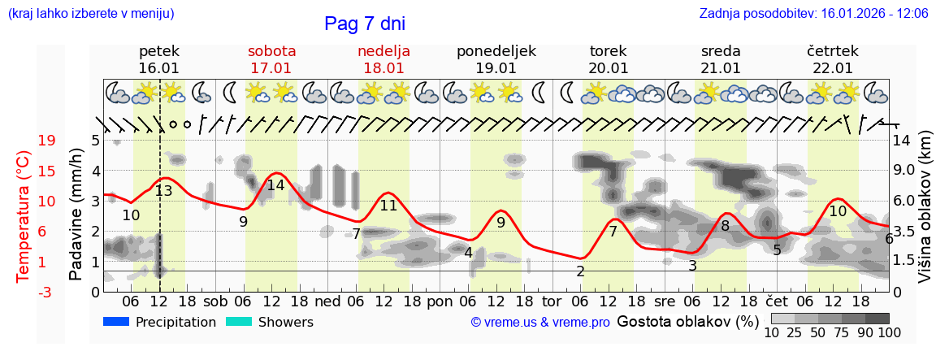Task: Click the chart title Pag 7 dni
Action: pos(364,24)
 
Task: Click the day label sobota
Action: pos(271,51)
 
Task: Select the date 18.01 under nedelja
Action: pos(383,68)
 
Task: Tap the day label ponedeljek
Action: pos(496,51)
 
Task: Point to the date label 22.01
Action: pos(832,68)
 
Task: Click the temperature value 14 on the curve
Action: pos(275,185)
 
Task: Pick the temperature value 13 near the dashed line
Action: pos(163,191)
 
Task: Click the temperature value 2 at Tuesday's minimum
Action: pos(580,271)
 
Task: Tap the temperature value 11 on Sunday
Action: pos(388,206)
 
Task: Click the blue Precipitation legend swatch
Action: pos(116,321)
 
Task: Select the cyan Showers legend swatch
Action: pos(239,321)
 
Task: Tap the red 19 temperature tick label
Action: pos(46,141)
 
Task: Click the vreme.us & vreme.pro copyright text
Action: pos(540,323)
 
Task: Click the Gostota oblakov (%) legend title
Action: pos(687,322)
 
